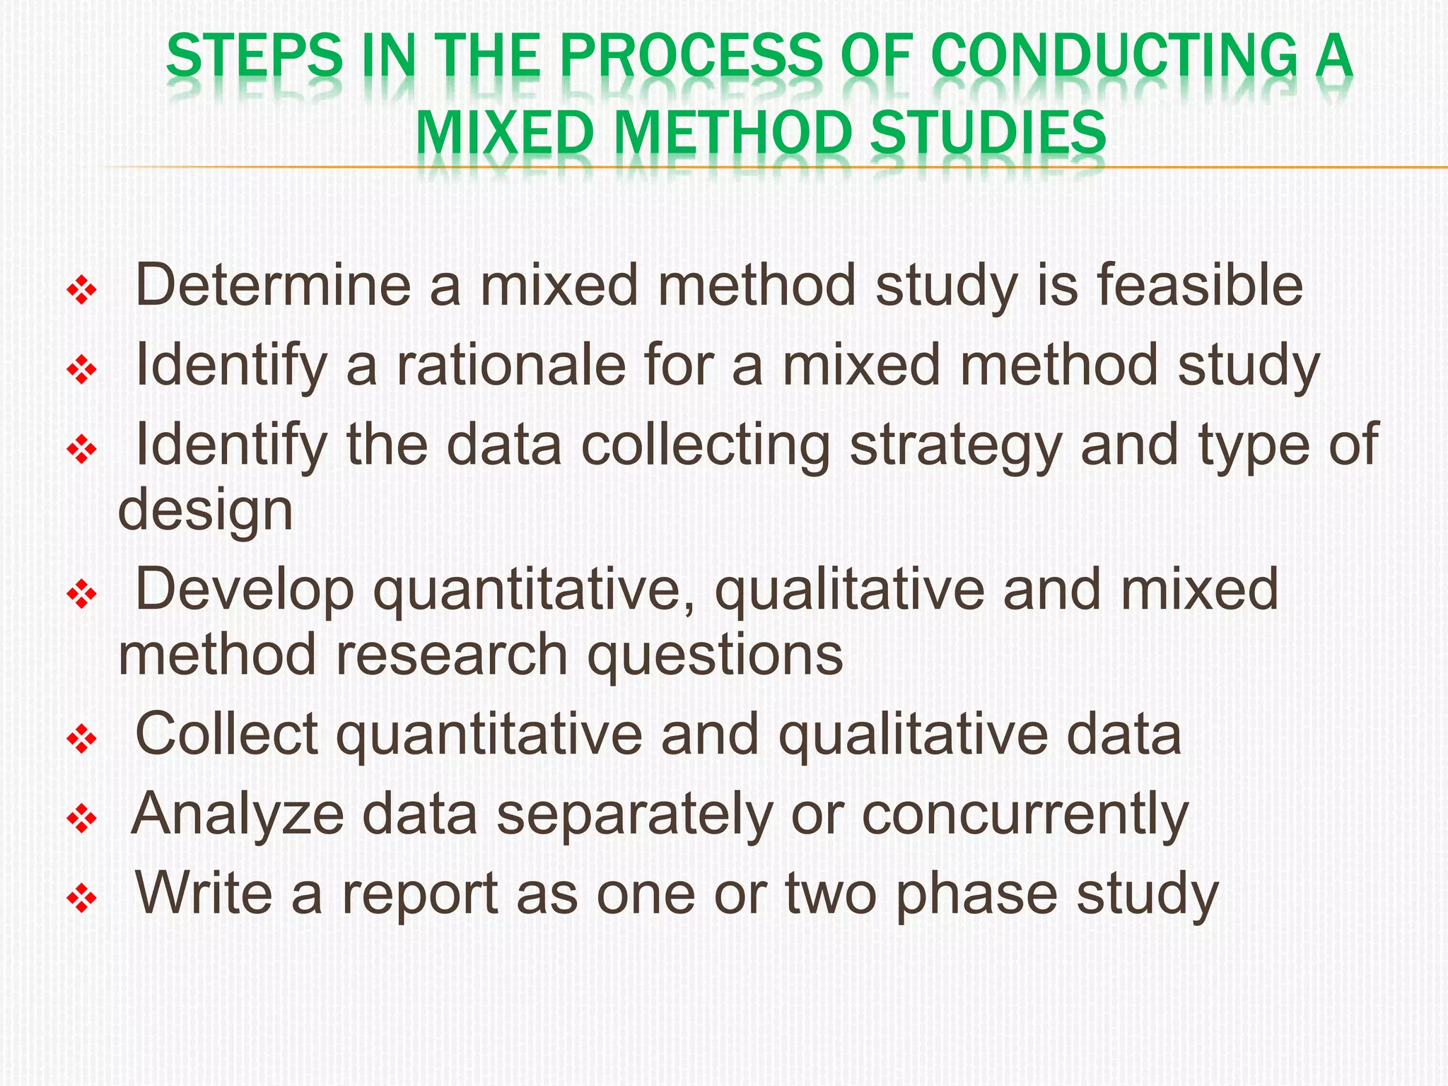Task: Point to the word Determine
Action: (273, 285)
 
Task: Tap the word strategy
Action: (956, 445)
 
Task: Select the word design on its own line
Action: (205, 510)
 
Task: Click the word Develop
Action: (245, 590)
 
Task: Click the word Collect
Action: (226, 735)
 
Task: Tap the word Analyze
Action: (238, 814)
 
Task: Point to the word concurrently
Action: (1025, 814)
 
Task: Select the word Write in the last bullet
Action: (204, 894)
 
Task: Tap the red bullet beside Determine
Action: (81, 290)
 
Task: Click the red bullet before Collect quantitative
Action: (81, 740)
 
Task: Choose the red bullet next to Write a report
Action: (81, 899)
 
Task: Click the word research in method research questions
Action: (452, 655)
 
